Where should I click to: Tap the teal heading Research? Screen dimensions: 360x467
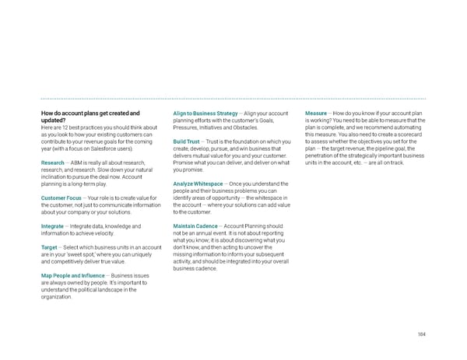(54, 163)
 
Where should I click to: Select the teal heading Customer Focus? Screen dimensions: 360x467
(62, 197)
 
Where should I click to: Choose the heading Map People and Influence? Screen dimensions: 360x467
(73, 276)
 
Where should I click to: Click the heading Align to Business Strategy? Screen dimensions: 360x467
(205, 114)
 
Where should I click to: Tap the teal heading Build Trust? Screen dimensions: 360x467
(190, 142)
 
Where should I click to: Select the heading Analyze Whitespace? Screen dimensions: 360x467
(204, 183)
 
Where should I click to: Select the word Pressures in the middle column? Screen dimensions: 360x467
(188, 128)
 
